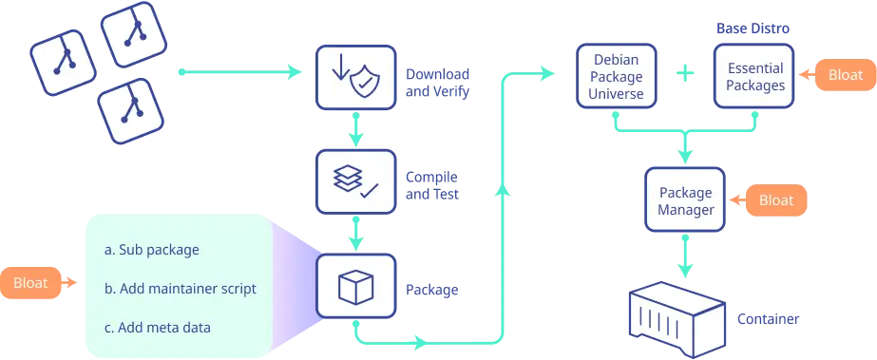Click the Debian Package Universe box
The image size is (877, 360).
(618, 77)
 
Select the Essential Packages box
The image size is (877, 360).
(756, 77)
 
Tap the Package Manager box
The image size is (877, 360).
(685, 200)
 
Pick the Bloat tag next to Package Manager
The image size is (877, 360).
(776, 200)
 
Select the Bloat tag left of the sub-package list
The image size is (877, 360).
(31, 282)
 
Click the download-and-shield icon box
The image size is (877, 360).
(355, 79)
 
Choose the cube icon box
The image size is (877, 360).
(355, 285)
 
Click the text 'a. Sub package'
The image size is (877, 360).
(152, 251)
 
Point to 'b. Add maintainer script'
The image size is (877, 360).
(181, 288)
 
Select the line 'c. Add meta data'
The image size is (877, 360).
(158, 327)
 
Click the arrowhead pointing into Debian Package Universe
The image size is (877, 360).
(547, 72)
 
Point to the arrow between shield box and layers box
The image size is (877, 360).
(356, 131)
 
